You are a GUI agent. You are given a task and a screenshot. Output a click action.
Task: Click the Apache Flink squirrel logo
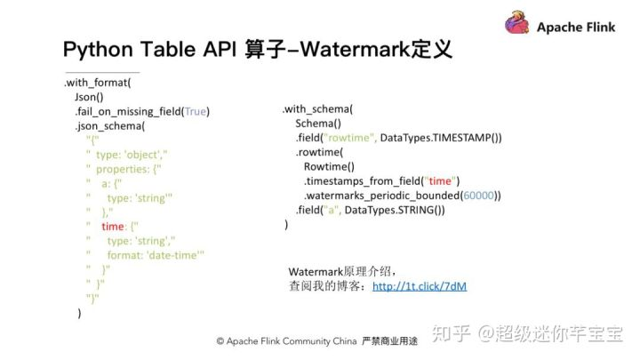518,24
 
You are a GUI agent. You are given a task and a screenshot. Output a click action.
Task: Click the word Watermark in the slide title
359,49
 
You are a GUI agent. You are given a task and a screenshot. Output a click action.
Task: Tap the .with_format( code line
97,83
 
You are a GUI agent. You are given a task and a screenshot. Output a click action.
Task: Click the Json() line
89,97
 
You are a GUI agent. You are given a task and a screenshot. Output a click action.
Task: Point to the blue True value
195,111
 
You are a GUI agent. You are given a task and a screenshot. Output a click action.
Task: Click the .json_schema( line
110,125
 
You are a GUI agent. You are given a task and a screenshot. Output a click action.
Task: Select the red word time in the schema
113,227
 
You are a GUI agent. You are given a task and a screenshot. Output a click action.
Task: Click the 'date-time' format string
174,254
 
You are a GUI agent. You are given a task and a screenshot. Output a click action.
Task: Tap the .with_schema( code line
317,109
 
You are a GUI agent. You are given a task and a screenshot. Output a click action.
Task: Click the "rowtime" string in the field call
353,138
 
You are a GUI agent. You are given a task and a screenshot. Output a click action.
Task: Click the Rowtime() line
328,166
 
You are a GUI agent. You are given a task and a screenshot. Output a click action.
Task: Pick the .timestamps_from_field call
381,180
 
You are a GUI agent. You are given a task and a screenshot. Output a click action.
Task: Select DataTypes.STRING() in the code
394,209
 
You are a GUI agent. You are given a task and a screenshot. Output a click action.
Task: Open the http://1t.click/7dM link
420,286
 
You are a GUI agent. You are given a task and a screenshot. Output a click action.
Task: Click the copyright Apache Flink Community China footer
286,341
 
